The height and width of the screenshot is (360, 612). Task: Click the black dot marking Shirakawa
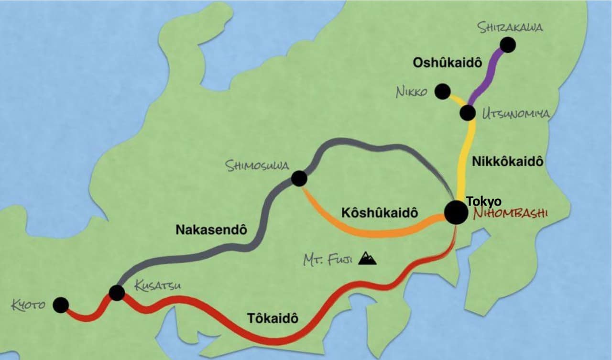tap(508, 45)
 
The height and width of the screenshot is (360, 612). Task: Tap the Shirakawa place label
tap(511, 27)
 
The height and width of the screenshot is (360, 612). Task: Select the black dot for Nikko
tap(442, 91)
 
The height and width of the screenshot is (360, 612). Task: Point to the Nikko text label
tap(411, 92)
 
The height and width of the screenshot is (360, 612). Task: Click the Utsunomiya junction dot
tap(467, 113)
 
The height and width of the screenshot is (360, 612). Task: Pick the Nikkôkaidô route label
tap(508, 161)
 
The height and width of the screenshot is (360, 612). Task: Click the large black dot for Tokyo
tap(456, 212)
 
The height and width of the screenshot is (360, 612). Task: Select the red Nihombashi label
tap(510, 213)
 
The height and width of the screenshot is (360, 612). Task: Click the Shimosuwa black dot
tap(299, 179)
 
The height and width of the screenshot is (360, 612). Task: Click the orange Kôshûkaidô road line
tap(363, 233)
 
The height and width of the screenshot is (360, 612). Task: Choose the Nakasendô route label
tap(211, 229)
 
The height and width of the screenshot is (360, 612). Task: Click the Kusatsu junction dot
tap(117, 293)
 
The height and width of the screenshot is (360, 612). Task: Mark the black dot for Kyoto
tap(61, 305)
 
